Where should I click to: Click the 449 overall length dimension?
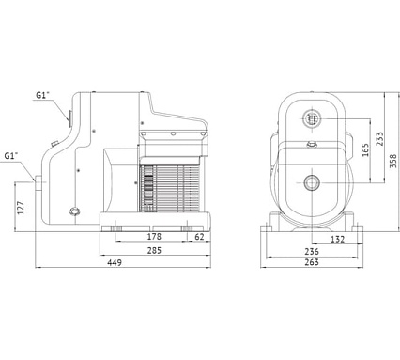click(115, 262)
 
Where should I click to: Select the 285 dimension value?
click(154, 250)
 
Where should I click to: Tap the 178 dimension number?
click(154, 236)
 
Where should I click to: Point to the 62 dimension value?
click(199, 237)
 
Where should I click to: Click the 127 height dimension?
click(21, 208)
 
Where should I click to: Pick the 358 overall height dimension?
click(393, 161)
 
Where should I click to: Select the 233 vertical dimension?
click(379, 139)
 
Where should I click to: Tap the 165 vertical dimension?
click(365, 150)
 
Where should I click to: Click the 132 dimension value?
click(337, 240)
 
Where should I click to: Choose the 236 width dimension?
click(312, 251)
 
